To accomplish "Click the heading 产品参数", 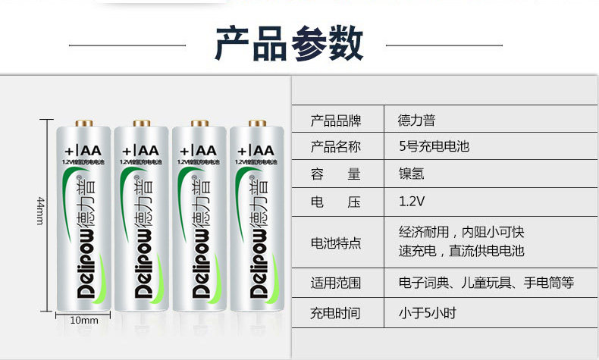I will (289, 45).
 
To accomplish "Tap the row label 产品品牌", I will (336, 120).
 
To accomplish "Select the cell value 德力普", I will (416, 120).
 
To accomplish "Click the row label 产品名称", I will (336, 146).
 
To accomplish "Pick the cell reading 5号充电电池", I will (434, 146).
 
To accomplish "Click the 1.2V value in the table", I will (412, 202).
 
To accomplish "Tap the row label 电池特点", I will (336, 243).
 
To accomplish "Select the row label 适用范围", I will (336, 283).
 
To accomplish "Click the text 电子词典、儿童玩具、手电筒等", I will (486, 283).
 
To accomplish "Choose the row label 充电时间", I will (336, 312).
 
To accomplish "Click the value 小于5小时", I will (427, 312).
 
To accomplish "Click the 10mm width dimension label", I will (85, 321).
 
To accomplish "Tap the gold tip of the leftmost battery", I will (83, 122).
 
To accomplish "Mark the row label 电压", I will (336, 202).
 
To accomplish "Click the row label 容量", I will (336, 174).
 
